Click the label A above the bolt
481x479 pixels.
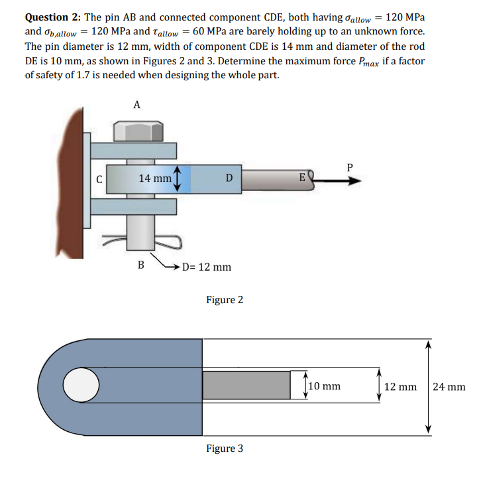pos(136,104)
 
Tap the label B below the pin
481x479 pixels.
pos(140,265)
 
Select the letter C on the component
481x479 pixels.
pos(99,178)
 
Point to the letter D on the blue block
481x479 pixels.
pos(229,178)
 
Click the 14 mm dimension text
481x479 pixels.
pos(155,178)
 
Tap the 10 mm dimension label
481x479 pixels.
pos(325,385)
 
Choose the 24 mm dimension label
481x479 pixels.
pos(449,387)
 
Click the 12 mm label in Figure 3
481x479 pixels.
pos(400,387)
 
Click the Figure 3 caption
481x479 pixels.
pos(224,448)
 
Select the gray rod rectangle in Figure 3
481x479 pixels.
pos(246,385)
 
